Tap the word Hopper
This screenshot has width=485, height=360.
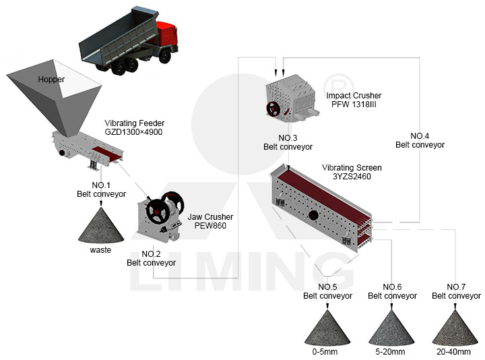coord(51,80)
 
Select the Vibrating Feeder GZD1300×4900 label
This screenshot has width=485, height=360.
coord(134,127)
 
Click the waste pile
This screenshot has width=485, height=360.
coord(101,225)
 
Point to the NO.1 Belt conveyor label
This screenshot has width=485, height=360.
coord(102,189)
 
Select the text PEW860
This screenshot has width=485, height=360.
coord(210,226)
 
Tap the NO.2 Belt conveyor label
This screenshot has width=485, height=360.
coord(152,258)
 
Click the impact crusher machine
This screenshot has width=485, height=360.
coord(292,98)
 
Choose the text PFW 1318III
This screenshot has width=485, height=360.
coord(354,104)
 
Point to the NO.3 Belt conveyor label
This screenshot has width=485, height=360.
coord(288,142)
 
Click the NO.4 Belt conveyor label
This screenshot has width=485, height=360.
coord(420,140)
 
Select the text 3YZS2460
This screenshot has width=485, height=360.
coord(352,177)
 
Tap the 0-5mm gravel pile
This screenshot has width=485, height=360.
coord(327,328)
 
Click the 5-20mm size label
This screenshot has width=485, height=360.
coord(390,352)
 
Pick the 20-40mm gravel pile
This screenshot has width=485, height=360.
coord(455,328)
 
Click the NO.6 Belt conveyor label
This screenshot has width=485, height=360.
coord(392,291)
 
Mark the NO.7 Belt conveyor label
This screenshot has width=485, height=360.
coord(456,291)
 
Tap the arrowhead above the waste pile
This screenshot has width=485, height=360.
coord(101,203)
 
